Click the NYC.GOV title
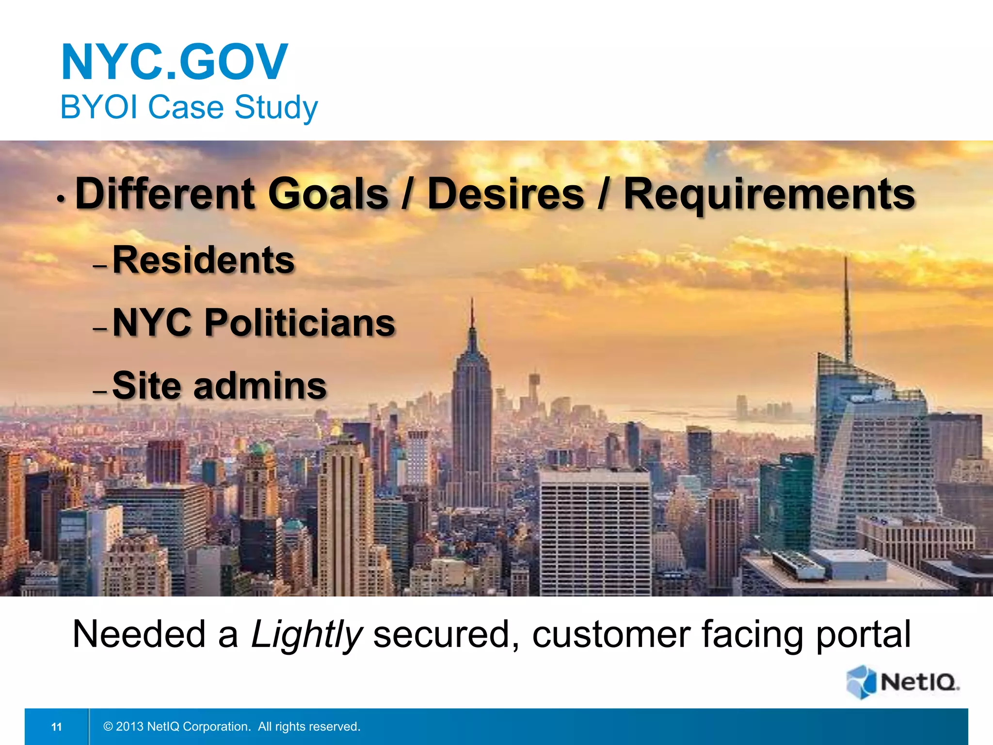click(175, 62)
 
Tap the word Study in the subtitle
click(276, 107)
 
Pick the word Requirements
click(769, 194)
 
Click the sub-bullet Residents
click(204, 260)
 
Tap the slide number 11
click(57, 727)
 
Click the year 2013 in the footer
click(130, 727)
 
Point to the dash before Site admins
click(99, 391)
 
